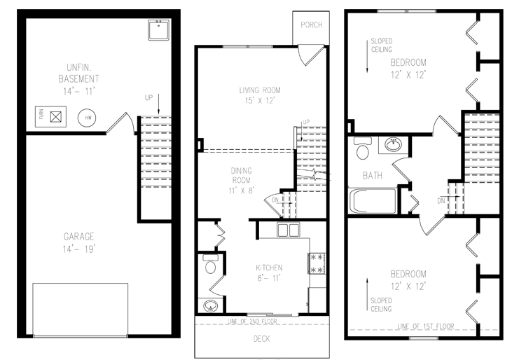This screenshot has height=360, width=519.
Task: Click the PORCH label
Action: click(x=311, y=25)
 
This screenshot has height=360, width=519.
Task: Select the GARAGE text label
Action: click(x=78, y=237)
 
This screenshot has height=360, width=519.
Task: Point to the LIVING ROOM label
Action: click(x=260, y=90)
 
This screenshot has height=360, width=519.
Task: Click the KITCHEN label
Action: click(x=268, y=268)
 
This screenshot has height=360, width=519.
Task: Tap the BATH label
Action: click(x=372, y=175)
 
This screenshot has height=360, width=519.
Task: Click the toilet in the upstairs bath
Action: click(x=363, y=150)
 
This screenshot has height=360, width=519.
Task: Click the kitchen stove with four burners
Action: click(x=317, y=264)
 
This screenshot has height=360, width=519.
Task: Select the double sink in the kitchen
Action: click(x=288, y=230)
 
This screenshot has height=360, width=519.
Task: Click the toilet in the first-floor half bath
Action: click(x=210, y=265)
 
